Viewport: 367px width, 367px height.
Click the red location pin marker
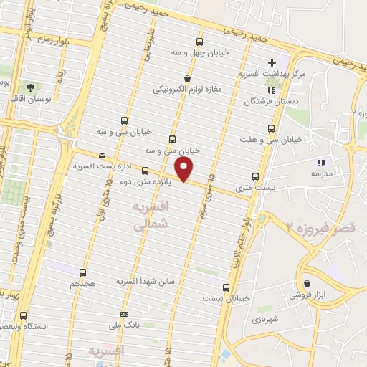[x=185, y=169]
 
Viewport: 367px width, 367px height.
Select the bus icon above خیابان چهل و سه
[x=199, y=42]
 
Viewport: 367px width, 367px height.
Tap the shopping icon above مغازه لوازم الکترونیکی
[x=187, y=79]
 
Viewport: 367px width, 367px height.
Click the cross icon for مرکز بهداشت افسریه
[x=272, y=63]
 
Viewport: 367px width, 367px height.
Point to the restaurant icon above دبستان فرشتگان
[x=271, y=90]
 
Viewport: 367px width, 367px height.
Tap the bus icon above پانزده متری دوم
[x=146, y=171]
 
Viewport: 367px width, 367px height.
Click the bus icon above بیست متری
[x=256, y=176]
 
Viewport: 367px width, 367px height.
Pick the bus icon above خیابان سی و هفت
[x=271, y=128]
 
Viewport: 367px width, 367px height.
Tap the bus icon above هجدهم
[x=82, y=272]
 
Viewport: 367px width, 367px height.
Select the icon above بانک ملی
[x=124, y=314]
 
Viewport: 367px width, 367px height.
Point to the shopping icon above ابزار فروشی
[x=307, y=283]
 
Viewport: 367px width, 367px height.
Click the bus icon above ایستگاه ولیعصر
[x=24, y=315]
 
